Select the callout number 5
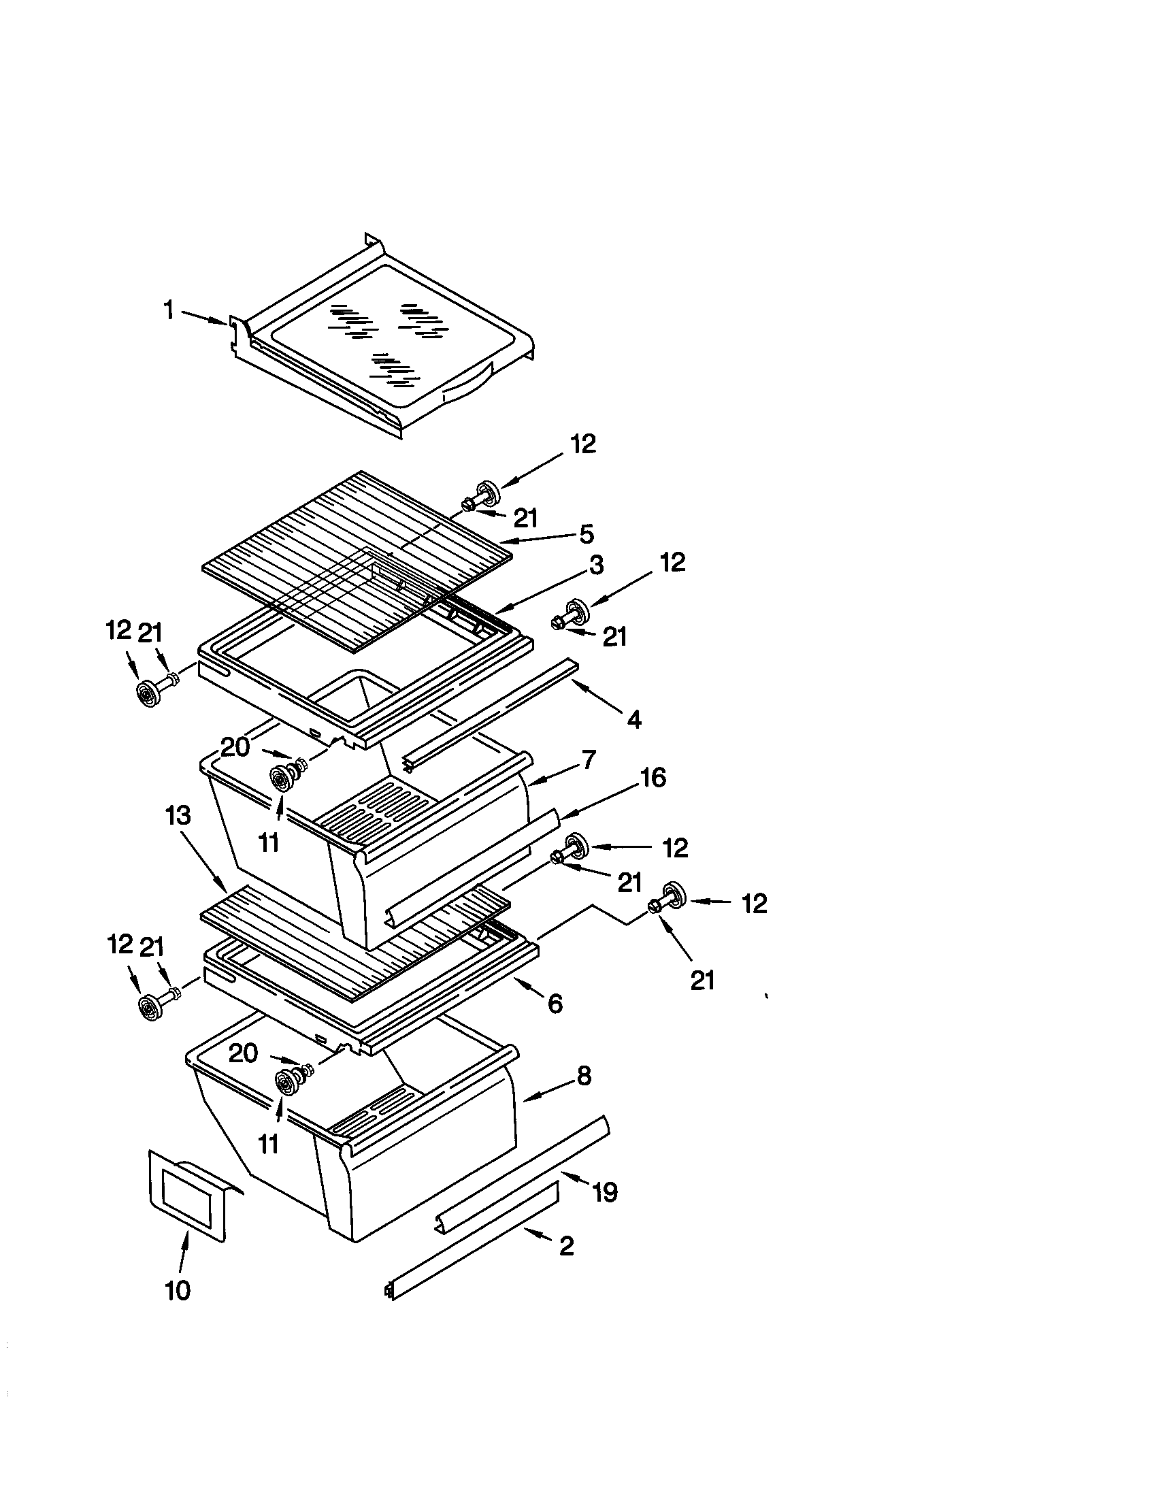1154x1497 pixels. point(586,534)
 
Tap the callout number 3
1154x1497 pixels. point(596,565)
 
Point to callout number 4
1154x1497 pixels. point(634,719)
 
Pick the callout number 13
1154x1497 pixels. point(178,816)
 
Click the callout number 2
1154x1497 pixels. point(566,1245)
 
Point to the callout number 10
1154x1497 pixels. point(178,1291)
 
